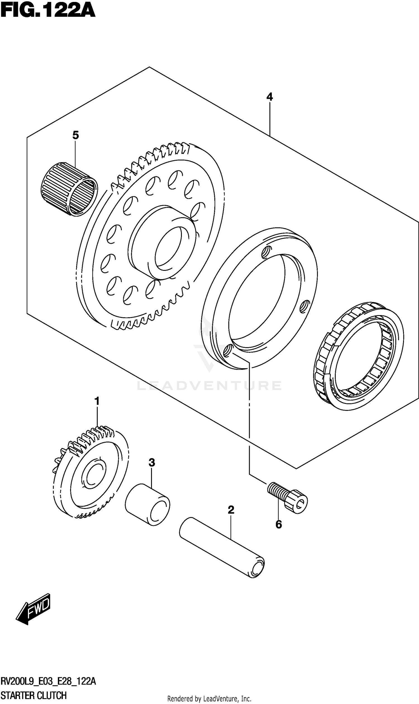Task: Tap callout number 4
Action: pos(269,97)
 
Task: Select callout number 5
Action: pos(75,135)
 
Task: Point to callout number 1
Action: pos(97,401)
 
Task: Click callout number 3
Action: pos(152,463)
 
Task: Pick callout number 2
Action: pos(231,510)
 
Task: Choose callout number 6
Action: pos(278,525)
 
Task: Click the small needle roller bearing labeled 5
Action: pos(69,189)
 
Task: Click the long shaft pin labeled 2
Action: pos(222,547)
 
